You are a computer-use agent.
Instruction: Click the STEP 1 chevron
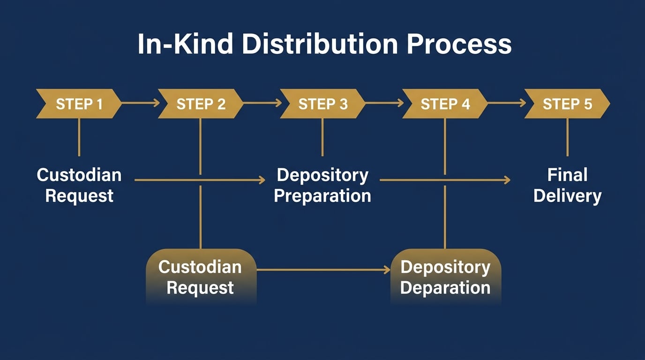[79, 104]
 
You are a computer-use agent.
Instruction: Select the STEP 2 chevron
[201, 104]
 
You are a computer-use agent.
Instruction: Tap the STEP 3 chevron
[322, 104]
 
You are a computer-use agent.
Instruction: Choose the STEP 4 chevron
[445, 104]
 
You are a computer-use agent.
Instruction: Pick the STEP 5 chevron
[567, 104]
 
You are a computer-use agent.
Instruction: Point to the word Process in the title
[459, 45]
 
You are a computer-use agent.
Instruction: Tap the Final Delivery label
[567, 185]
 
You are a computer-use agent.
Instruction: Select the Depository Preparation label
[322, 185]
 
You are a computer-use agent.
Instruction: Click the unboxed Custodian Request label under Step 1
[79, 185]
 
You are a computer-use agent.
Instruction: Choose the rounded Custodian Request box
[201, 277]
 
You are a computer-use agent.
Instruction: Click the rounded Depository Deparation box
[445, 277]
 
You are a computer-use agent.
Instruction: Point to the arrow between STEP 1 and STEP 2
[140, 103]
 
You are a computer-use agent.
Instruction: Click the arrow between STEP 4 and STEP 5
[506, 103]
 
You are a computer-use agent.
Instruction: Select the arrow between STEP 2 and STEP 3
[262, 103]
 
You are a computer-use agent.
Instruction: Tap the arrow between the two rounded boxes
[323, 270]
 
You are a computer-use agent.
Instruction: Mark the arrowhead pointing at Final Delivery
[507, 180]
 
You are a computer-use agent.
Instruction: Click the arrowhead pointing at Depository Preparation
[262, 180]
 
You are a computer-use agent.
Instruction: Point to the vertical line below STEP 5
[567, 137]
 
